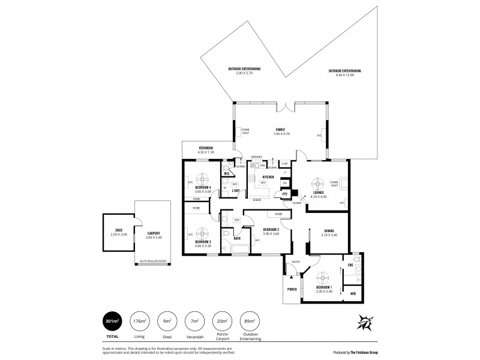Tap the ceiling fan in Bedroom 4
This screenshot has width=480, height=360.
(x=204, y=178)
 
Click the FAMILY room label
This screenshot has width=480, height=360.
(x=280, y=130)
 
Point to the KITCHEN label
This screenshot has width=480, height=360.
(x=268, y=178)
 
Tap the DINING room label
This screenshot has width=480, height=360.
(x=329, y=230)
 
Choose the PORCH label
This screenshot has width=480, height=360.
(x=292, y=289)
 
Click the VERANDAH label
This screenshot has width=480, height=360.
(x=197, y=148)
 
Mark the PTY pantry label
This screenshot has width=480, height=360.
(x=285, y=194)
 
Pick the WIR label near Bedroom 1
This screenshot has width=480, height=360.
(x=353, y=294)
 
